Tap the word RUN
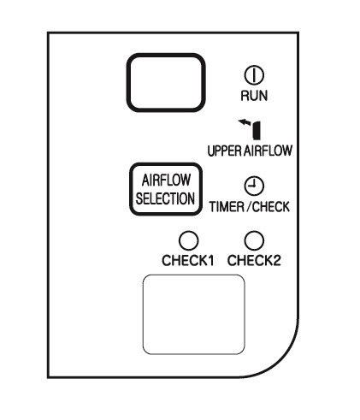tap(254, 96)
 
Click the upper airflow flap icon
tap(257, 131)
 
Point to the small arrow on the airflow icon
tap(245, 122)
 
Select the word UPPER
tap(225, 151)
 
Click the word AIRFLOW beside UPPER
tap(268, 151)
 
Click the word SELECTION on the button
tap(165, 198)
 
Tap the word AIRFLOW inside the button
tap(166, 180)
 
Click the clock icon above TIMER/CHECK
tap(254, 186)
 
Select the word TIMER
tap(227, 206)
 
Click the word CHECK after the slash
tap(271, 206)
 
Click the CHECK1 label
tap(188, 260)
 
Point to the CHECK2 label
tap(254, 260)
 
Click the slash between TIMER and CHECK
tap(248, 206)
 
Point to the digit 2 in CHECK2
tap(276, 260)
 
